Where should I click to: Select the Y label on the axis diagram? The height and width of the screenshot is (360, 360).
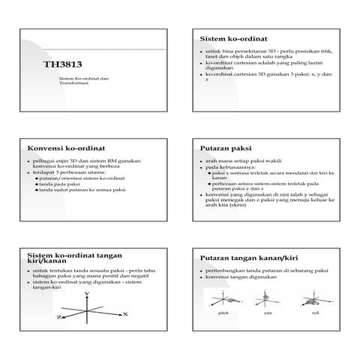(x=87, y=293)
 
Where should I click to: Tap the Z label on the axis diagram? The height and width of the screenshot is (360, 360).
(x=58, y=317)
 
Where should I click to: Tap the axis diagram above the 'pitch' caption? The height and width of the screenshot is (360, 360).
(x=222, y=298)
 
